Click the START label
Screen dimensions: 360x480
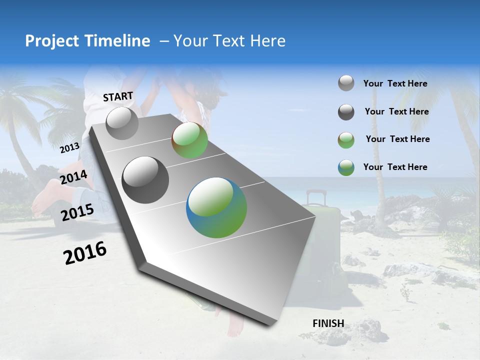118,96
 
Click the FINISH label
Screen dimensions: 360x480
328,323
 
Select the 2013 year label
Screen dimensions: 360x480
69,148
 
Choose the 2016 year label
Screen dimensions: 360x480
85,253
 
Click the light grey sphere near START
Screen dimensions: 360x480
122,123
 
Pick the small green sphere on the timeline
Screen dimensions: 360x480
189,140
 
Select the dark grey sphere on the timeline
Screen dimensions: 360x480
145,180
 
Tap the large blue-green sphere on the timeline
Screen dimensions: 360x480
216,207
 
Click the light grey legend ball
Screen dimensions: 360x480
346,83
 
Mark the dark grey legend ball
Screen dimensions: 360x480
346,112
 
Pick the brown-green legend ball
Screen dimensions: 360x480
346,140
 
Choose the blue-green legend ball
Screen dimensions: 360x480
346,167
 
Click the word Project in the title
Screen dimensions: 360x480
52,41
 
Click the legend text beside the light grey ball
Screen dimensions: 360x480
395,83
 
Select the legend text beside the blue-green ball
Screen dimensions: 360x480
395,167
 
